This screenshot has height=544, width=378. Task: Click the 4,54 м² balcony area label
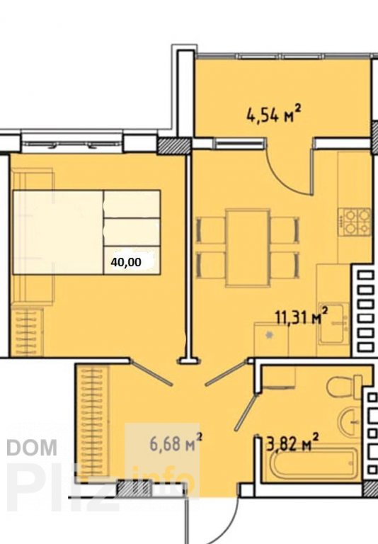(273, 114)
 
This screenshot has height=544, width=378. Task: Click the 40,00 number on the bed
(126, 262)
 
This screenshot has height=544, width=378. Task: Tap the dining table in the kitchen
(248, 249)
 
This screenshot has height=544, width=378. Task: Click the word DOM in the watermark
(32, 447)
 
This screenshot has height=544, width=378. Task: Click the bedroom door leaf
(151, 372)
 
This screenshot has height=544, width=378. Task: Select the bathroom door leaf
(246, 410)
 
